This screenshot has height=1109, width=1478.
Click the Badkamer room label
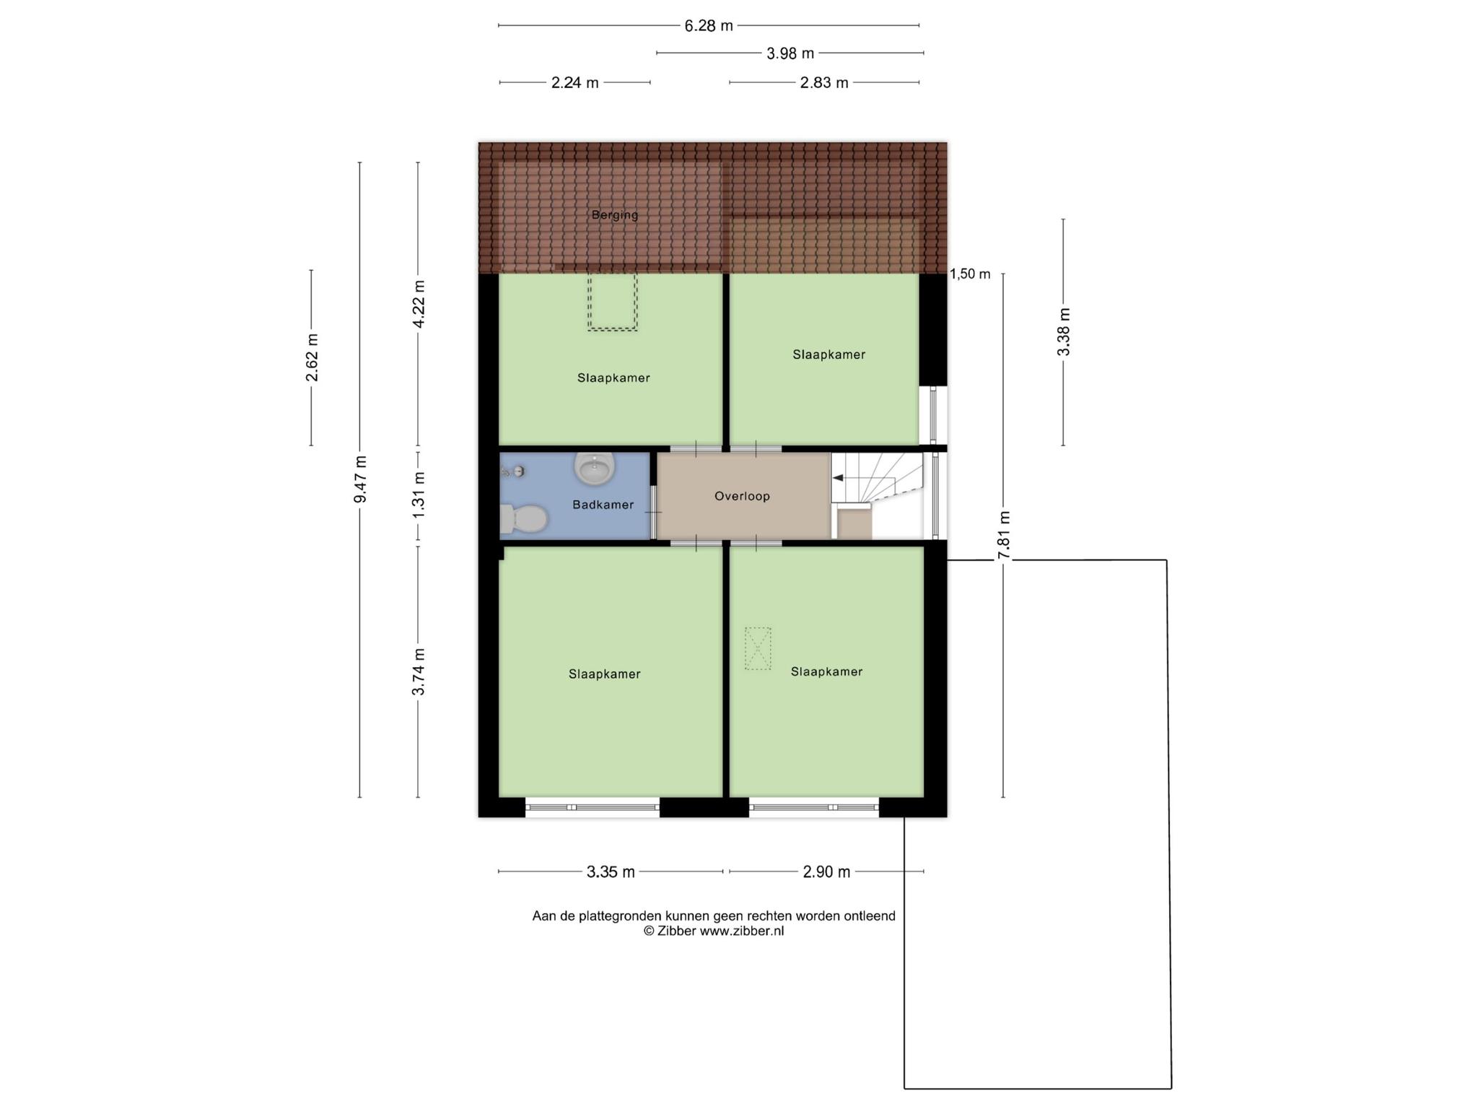603,505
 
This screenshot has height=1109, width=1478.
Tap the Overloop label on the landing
742,496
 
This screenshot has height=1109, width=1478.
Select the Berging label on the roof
615,214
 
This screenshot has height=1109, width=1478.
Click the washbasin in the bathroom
595,468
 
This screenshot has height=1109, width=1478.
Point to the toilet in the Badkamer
522,518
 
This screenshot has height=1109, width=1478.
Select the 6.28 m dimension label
709,26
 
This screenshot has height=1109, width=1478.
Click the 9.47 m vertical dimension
360,479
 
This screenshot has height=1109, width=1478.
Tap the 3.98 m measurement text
790,53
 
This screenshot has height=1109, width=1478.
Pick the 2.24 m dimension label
574,83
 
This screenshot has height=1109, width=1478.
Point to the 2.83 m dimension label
824,83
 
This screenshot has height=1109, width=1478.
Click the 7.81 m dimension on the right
1004,535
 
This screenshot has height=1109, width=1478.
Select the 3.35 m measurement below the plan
611,872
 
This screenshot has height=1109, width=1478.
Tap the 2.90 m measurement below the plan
826,872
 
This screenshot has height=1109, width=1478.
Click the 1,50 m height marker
970,274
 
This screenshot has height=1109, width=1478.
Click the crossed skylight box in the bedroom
758,648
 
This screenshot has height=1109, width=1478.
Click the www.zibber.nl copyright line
714,931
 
